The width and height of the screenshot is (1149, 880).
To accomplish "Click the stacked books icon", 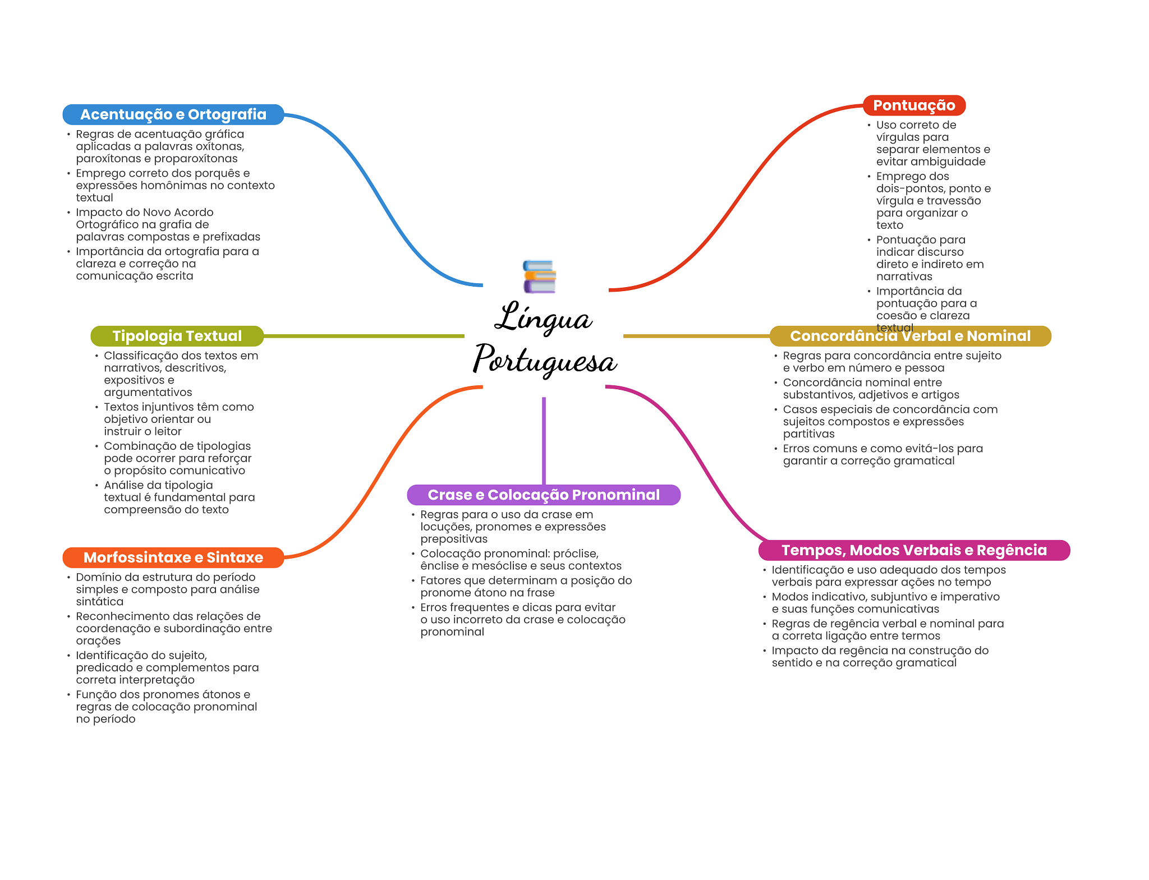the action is click(x=539, y=277).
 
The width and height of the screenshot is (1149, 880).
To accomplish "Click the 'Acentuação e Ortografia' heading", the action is click(x=173, y=114).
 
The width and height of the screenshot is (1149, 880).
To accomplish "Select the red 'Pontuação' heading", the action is click(x=914, y=105).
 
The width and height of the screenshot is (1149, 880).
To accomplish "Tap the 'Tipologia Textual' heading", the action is click(x=177, y=336).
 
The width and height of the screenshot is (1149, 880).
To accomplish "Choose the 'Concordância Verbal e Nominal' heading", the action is click(x=910, y=336).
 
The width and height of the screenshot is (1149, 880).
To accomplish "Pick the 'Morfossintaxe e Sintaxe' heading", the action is click(x=173, y=558).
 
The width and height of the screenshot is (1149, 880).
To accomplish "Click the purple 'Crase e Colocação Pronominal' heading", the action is click(x=544, y=495).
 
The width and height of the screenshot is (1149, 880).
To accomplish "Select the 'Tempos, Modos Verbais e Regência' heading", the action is click(x=914, y=550).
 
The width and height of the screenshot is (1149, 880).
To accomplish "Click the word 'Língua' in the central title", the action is click(x=543, y=317).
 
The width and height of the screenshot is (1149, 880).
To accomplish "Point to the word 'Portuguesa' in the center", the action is click(x=545, y=359).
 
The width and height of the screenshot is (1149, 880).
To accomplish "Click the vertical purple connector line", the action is click(x=544, y=441).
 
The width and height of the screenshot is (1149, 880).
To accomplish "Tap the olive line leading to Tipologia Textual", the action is click(x=364, y=336).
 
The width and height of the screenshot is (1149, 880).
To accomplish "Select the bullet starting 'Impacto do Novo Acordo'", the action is click(x=168, y=224).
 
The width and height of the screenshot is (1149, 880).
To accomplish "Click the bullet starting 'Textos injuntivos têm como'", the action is click(x=179, y=419).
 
